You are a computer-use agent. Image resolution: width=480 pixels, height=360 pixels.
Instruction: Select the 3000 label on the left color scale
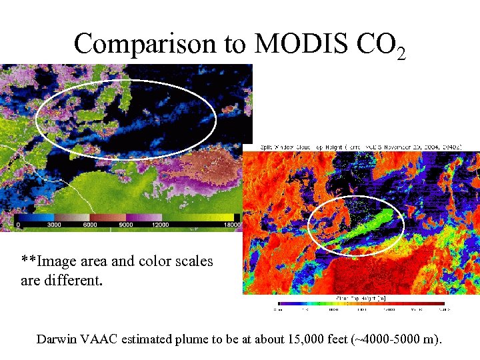point(55,225)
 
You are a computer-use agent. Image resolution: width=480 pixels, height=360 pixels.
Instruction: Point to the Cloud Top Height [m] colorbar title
point(361,298)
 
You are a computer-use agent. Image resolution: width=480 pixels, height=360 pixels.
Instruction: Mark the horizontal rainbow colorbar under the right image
point(361,304)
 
